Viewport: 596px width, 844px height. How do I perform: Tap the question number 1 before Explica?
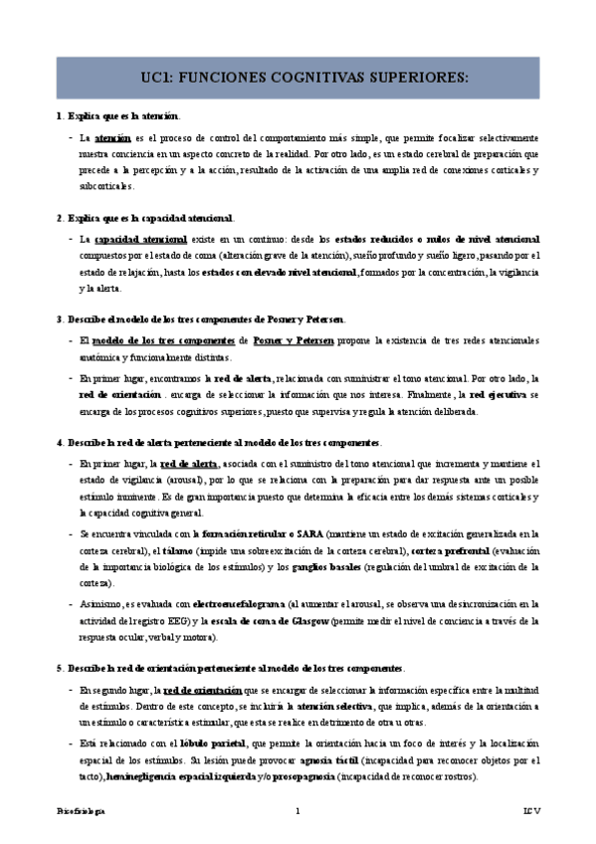[x=60, y=116]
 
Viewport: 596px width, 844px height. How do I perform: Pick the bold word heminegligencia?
[x=139, y=775]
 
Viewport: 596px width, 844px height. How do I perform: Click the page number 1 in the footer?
[x=297, y=812]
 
